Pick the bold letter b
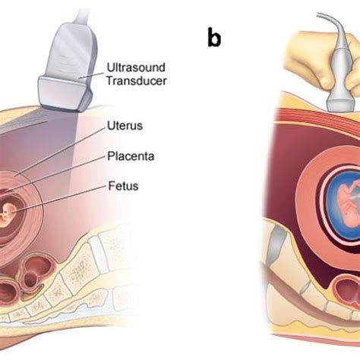214,38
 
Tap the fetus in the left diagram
9,212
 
